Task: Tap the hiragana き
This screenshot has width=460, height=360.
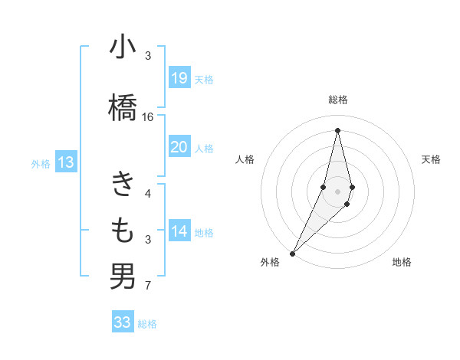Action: point(123,185)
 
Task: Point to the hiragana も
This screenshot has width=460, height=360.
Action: point(123,229)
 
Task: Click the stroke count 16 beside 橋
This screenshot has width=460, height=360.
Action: point(148,117)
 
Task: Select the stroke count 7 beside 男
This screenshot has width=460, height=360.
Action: point(148,286)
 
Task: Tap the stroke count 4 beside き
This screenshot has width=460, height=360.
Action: point(148,193)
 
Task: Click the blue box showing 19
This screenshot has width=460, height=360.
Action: point(179,78)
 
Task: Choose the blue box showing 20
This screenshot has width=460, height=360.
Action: point(179,147)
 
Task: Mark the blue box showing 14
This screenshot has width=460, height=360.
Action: point(179,231)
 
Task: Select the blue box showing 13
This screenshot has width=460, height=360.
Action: point(66,162)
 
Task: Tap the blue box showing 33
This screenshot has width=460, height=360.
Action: point(122,322)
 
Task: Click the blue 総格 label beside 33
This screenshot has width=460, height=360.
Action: point(148,324)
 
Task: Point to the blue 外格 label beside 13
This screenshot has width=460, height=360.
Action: point(41,163)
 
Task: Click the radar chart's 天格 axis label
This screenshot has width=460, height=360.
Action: point(432,159)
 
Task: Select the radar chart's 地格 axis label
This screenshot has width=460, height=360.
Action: point(402,262)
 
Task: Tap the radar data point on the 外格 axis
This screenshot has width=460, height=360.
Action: point(292,253)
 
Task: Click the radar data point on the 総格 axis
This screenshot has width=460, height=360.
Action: point(337,129)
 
